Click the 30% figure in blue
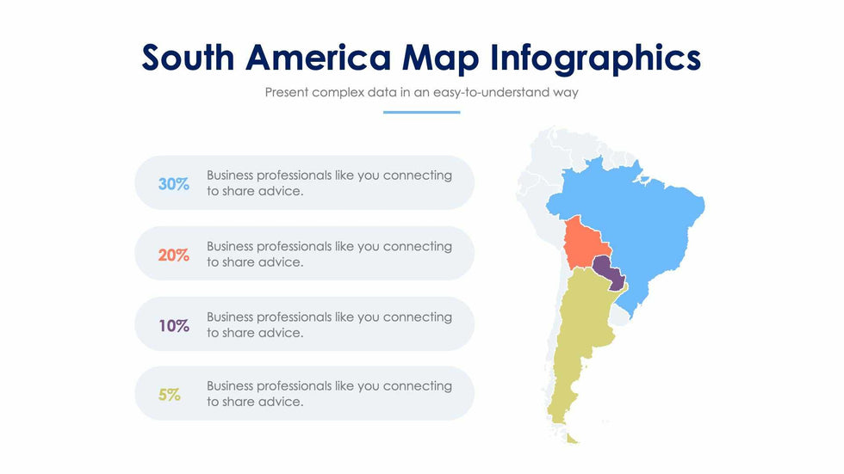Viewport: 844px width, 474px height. click(173, 184)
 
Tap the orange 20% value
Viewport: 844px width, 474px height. click(173, 255)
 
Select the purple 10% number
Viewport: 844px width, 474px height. click(174, 326)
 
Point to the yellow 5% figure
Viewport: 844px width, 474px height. click(169, 395)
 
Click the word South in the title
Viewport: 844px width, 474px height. click(188, 58)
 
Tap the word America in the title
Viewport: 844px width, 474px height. click(318, 58)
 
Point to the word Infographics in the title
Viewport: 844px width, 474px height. click(595, 58)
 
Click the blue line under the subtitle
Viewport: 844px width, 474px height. click(421, 113)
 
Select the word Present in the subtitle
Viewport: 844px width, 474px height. click(286, 92)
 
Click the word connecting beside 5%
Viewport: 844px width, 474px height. click(417, 386)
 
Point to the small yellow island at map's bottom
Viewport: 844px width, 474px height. click(572, 439)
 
